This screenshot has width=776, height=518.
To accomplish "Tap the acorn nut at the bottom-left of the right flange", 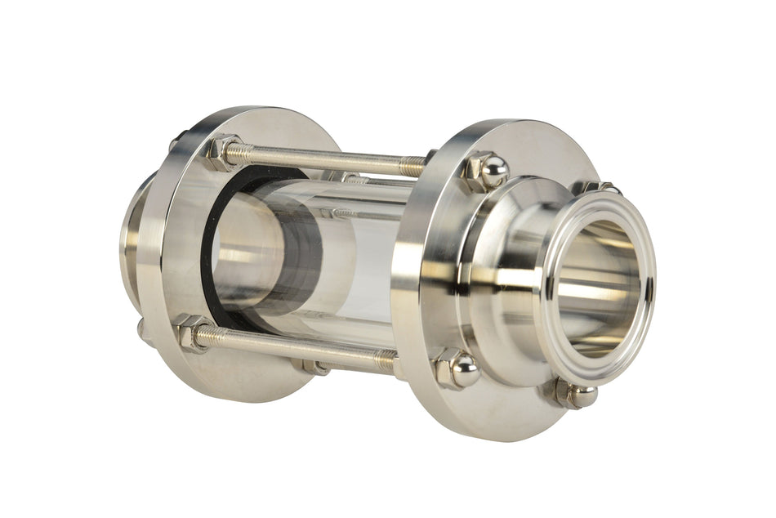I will (457, 369).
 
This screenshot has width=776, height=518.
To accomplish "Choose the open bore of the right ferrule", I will (600, 286).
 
